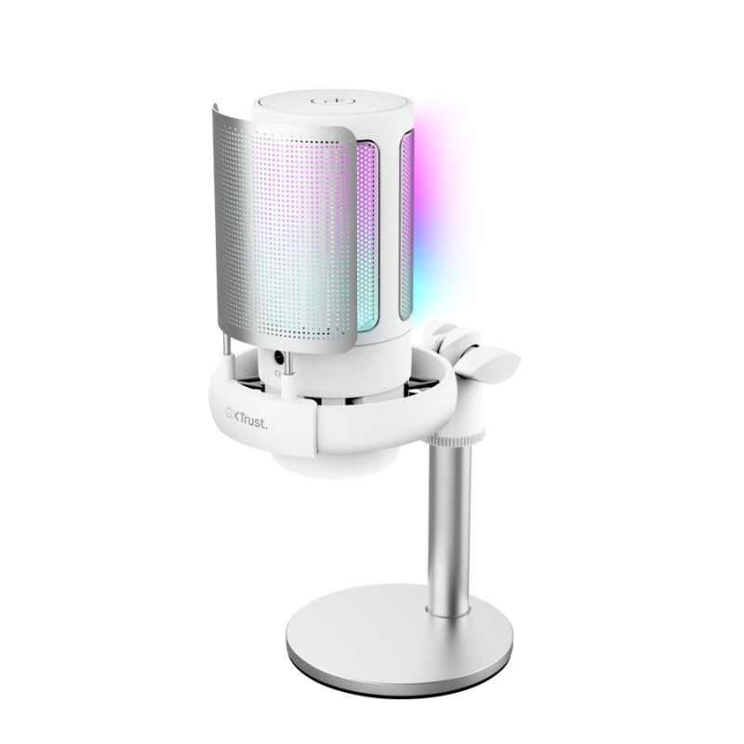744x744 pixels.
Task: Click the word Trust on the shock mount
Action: point(253,421)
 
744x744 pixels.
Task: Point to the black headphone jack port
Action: point(279,358)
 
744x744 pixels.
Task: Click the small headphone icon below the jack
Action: point(278,374)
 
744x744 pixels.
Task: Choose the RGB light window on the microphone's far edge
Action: point(406,225)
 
